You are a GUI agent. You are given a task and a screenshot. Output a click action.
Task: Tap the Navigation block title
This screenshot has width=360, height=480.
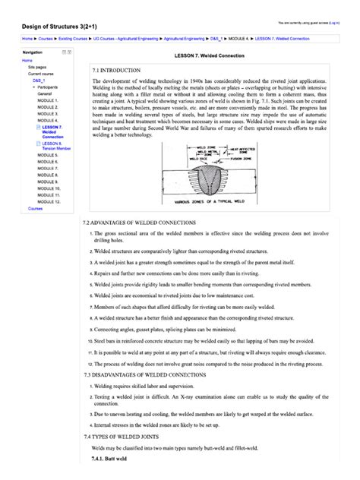point(33,52)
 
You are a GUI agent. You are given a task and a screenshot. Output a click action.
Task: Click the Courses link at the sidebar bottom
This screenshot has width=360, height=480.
point(36,208)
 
